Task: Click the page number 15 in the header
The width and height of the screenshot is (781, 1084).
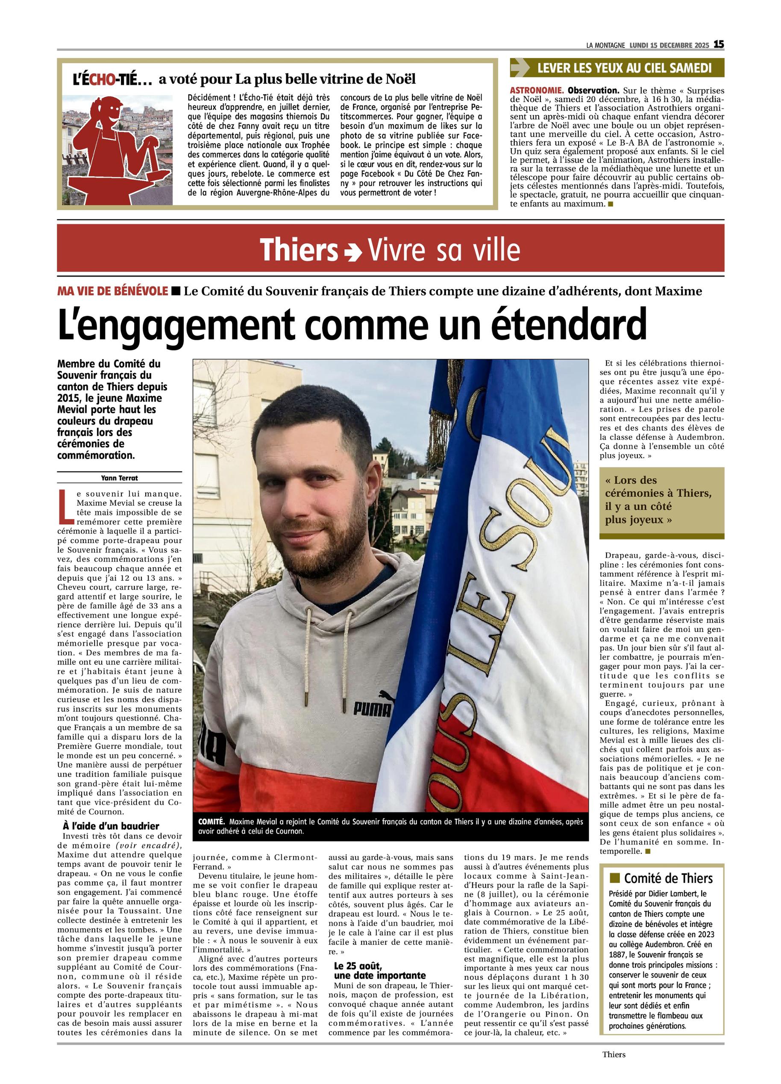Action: [x=719, y=44]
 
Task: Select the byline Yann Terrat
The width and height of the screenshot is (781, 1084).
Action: [x=119, y=477]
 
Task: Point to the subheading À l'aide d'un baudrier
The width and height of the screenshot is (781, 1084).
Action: [x=111, y=826]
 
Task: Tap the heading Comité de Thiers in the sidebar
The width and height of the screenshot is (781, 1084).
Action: [x=668, y=879]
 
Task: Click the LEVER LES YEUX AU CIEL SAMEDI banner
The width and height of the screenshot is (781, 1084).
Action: [x=617, y=68]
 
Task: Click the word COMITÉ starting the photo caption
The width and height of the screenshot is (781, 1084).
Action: [x=211, y=821]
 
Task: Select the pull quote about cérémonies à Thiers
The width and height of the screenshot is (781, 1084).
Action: [x=658, y=500]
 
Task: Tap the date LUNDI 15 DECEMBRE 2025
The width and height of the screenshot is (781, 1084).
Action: [x=669, y=45]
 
